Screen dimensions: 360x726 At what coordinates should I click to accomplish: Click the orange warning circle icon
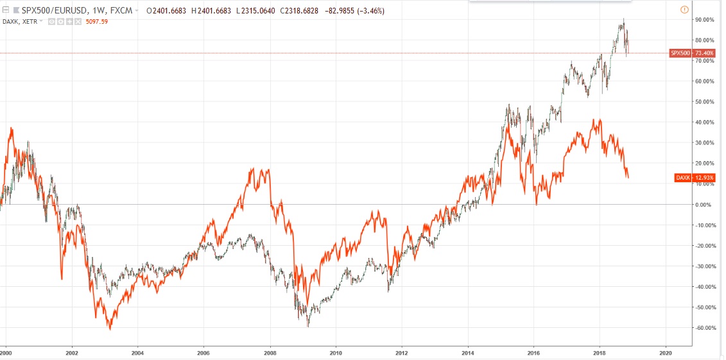pos(684,10)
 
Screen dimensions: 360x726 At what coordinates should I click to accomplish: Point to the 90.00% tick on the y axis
pos(705,20)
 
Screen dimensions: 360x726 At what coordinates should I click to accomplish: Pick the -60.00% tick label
pos(705,328)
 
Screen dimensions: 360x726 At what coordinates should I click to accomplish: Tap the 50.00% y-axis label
pos(705,102)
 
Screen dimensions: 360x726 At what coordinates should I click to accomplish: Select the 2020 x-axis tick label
pos(666,352)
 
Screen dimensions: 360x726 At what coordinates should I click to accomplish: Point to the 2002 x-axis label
pos(72,352)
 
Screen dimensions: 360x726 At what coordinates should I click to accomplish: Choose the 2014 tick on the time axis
pos(468,352)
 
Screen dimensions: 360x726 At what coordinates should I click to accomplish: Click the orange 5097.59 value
pos(96,22)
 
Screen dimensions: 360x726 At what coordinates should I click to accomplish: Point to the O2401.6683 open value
pos(168,11)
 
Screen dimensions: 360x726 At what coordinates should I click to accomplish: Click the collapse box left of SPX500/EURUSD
pos(6,11)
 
